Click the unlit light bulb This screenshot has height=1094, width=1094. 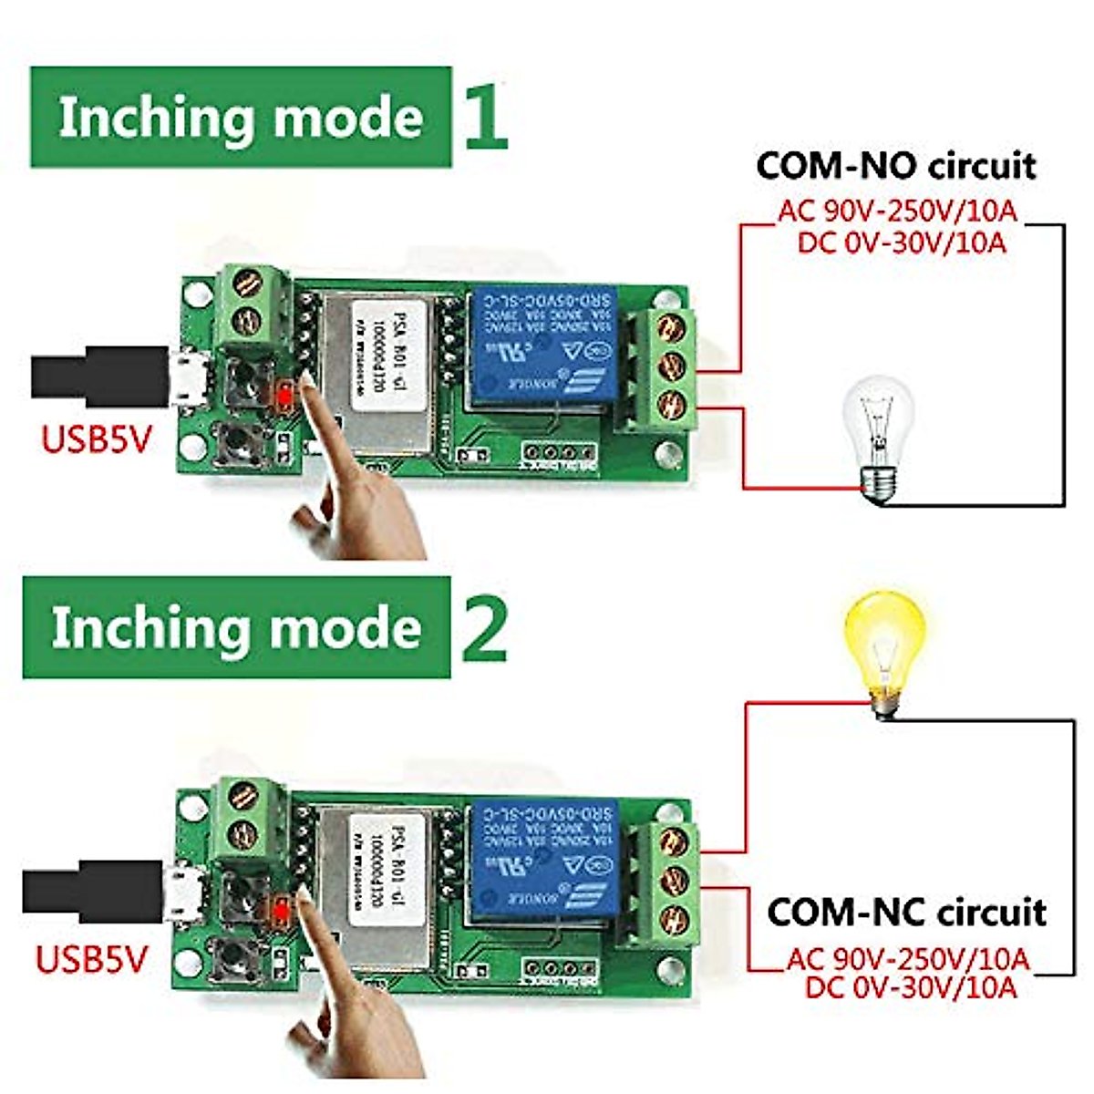click(878, 433)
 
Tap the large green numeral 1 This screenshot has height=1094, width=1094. click(484, 116)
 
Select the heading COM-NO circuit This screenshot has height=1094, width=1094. click(896, 166)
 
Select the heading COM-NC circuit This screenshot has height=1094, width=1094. click(906, 912)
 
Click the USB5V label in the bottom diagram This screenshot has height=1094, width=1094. click(90, 959)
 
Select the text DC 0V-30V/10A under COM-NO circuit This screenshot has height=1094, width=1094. click(902, 243)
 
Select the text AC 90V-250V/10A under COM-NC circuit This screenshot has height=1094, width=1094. click(908, 959)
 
